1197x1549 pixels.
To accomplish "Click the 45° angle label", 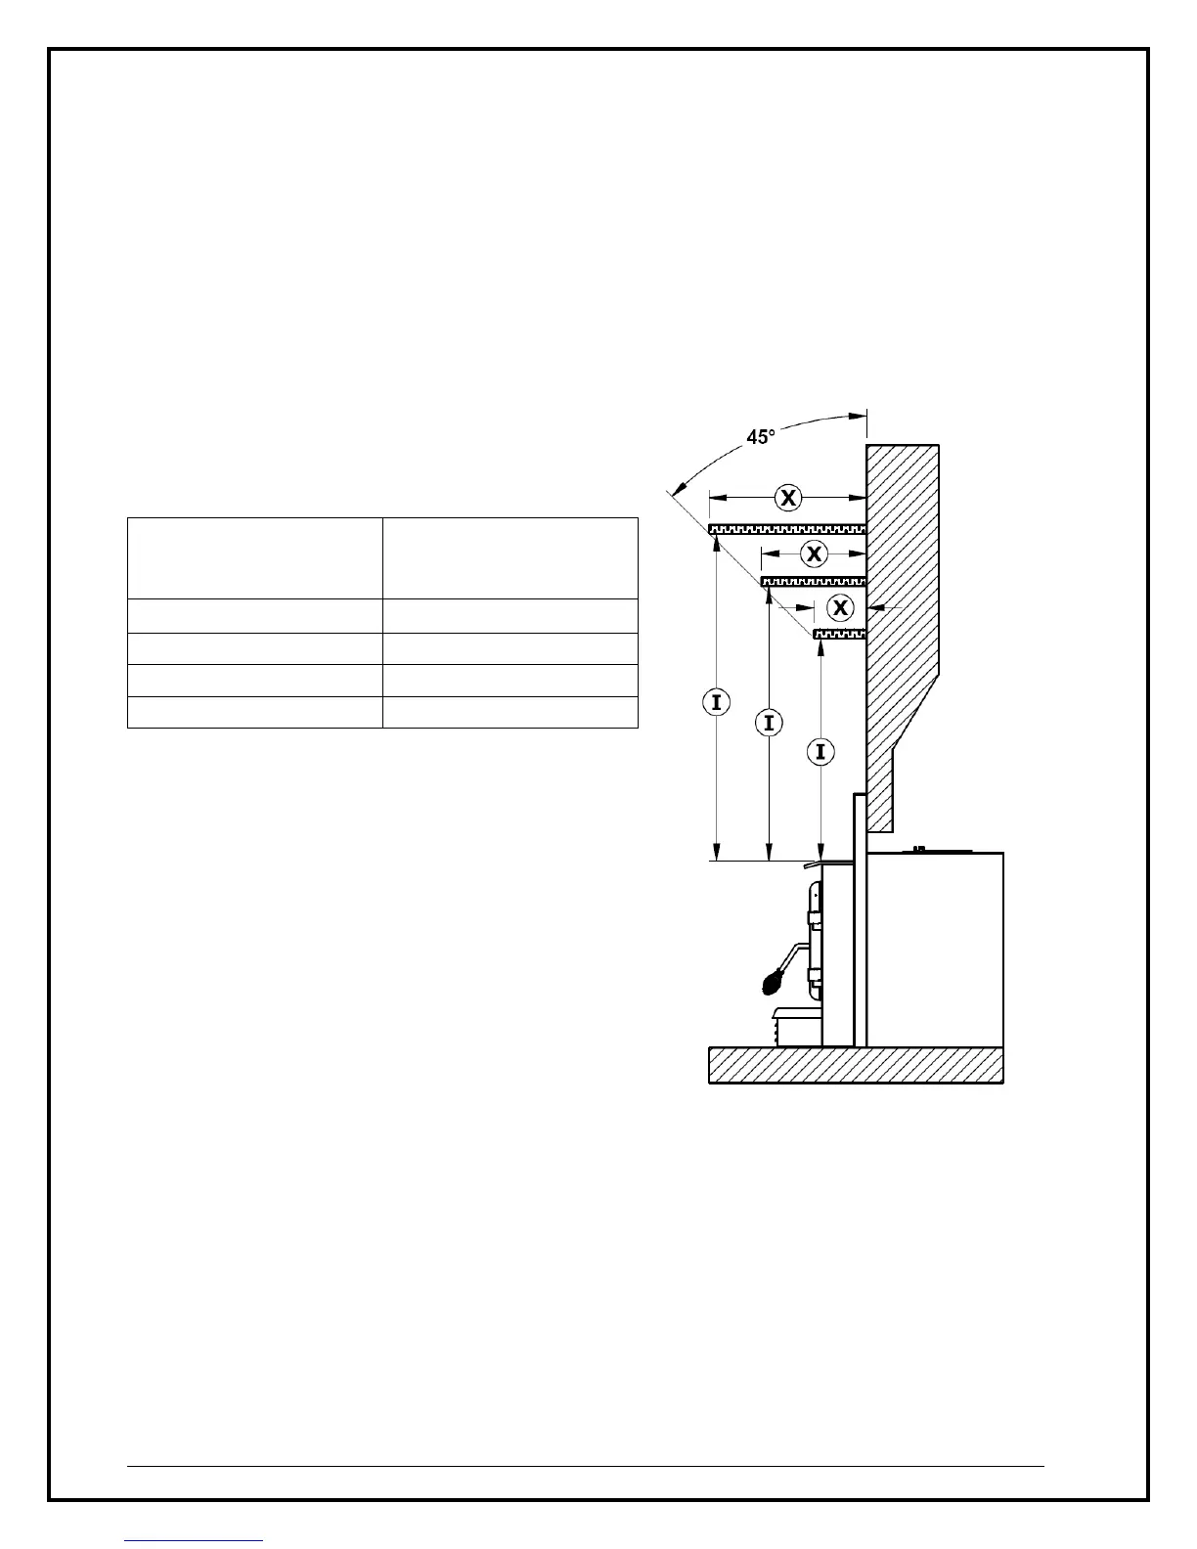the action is tap(761, 437).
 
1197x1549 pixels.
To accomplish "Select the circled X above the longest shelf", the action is tap(788, 498).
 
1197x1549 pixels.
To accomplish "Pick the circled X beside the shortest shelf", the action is tap(839, 607).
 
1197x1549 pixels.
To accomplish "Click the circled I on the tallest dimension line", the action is tap(717, 701).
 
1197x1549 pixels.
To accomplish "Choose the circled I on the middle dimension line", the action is tap(770, 723).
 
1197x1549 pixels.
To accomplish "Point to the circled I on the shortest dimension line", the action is tap(820, 751).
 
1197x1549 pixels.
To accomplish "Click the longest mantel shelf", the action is tap(787, 529).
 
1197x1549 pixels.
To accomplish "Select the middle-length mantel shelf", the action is tap(814, 582).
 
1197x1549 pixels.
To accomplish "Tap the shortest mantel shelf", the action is tap(840, 635).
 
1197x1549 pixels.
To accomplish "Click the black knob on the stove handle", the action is tap(774, 980).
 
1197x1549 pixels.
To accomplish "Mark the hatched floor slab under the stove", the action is tap(856, 1065).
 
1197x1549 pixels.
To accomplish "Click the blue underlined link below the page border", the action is tap(194, 1540).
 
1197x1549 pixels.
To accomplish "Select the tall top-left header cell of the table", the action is tap(254, 557).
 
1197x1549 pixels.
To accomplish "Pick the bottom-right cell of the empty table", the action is tap(510, 713).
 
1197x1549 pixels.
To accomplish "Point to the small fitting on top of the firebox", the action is tap(919, 849).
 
